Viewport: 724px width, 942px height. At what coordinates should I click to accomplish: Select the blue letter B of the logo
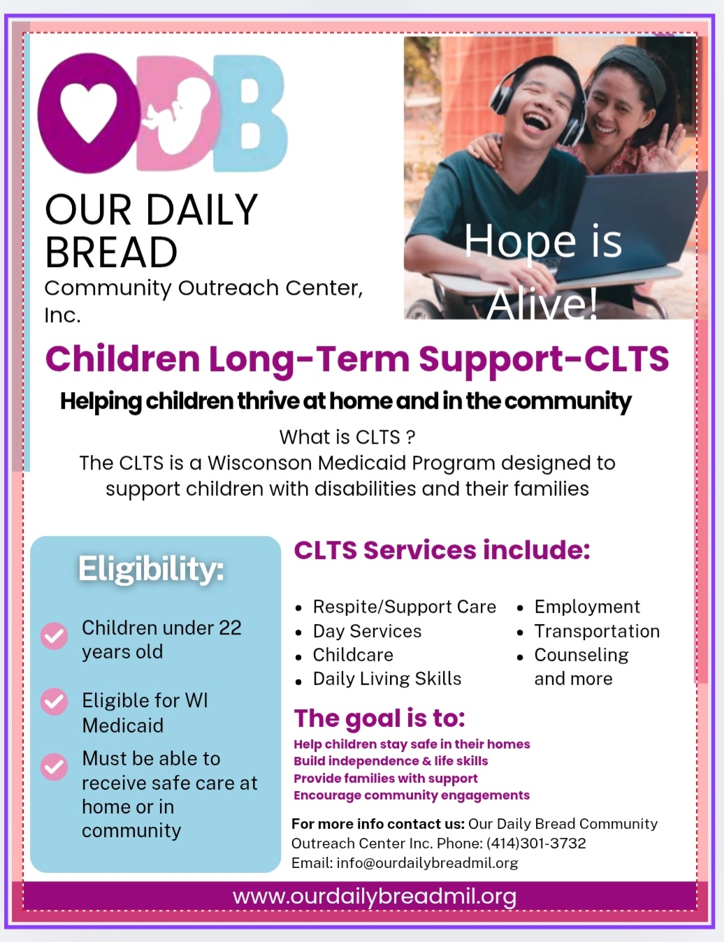[249, 113]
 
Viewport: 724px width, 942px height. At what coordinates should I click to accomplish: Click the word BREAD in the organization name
[111, 252]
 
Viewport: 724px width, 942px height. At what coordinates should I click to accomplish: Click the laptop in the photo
[629, 226]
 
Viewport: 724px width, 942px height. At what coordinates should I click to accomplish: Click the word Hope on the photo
[520, 242]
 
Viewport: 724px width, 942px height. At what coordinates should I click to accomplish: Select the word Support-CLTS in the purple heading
[544, 360]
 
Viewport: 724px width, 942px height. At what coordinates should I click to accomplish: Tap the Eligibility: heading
[151, 570]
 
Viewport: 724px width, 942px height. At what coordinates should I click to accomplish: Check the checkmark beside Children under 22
[55, 636]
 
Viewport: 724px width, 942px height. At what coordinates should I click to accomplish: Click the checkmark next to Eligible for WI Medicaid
[55, 702]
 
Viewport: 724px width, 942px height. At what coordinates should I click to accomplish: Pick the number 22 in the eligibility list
[230, 628]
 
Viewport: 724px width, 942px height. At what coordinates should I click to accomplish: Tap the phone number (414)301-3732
[536, 843]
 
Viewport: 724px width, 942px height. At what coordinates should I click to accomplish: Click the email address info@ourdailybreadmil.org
[427, 863]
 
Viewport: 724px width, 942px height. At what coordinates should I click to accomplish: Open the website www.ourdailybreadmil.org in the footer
[375, 897]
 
